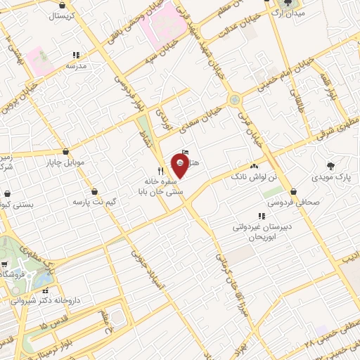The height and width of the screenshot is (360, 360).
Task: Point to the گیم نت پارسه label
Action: pos(93,202)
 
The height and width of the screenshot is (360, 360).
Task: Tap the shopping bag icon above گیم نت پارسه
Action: pos(94,191)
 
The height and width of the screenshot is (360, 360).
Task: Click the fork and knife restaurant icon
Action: pos(160,171)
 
